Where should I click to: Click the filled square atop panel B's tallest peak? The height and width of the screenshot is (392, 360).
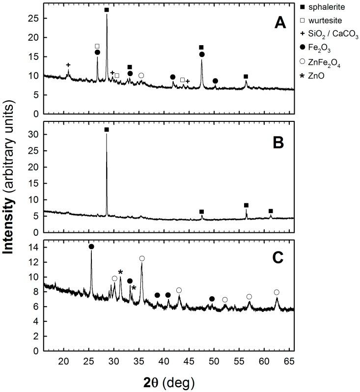pyautogui.click(x=107, y=130)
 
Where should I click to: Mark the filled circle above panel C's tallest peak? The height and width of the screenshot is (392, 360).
pyautogui.click(x=91, y=247)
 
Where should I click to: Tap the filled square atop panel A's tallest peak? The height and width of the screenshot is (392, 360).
pyautogui.click(x=107, y=10)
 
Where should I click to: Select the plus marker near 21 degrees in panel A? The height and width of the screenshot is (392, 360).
pyautogui.click(x=68, y=65)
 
